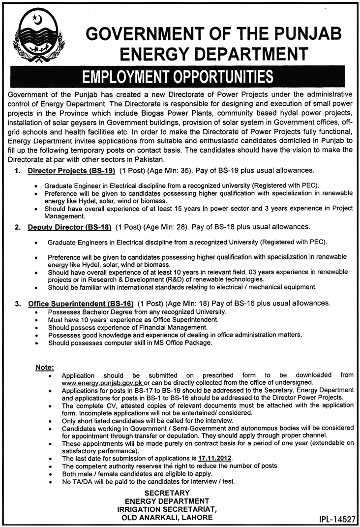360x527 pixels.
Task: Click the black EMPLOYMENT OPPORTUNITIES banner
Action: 180,77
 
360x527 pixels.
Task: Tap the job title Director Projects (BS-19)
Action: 71,170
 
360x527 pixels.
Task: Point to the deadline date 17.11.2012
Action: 214,458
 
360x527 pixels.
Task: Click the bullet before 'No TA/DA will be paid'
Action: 51,481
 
